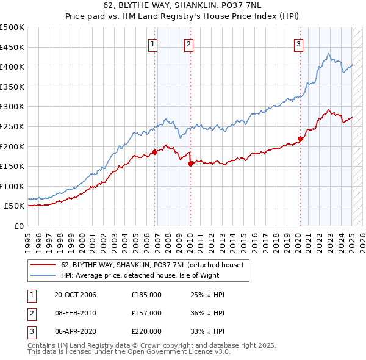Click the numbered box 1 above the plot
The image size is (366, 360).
point(152,43)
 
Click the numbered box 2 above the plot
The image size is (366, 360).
point(188,43)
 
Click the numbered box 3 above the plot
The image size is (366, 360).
point(298,43)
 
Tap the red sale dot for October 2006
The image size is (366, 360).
point(154,152)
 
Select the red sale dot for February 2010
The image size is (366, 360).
point(190,163)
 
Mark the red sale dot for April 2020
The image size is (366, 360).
point(300,139)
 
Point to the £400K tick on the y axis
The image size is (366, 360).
point(12,67)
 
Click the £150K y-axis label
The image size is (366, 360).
point(12,166)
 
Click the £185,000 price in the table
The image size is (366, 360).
point(146,295)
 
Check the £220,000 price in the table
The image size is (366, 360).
point(146,331)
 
